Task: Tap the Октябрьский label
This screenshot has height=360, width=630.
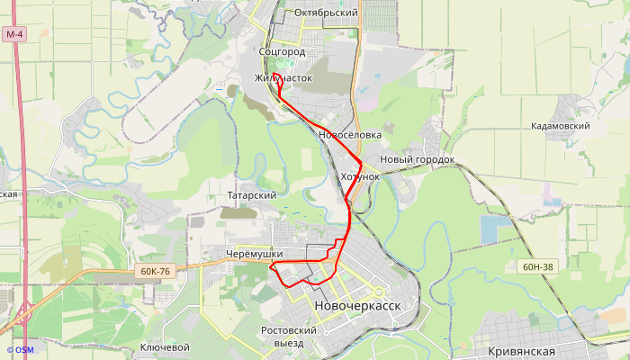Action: pos(326,13)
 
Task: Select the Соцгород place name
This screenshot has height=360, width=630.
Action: pos(282,52)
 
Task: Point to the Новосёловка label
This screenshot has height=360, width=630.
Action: pos(350,135)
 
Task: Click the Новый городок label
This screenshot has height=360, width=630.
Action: pos(418,159)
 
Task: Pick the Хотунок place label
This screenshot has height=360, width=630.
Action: pos(360,176)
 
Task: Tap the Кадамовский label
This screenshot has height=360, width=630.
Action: pos(560,126)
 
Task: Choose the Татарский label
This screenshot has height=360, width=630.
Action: pos(252,194)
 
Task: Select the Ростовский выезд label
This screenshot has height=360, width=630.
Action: pos(288,337)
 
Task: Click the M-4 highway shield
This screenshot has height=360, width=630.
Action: pos(13,34)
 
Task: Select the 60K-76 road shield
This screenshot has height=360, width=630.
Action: pos(155,271)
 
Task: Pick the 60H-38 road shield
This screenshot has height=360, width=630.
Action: pos(537,266)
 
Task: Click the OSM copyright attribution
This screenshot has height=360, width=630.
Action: pos(20,350)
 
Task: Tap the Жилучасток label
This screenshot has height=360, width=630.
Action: pos(283,78)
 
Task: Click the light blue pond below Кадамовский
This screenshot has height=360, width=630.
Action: pos(494,229)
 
